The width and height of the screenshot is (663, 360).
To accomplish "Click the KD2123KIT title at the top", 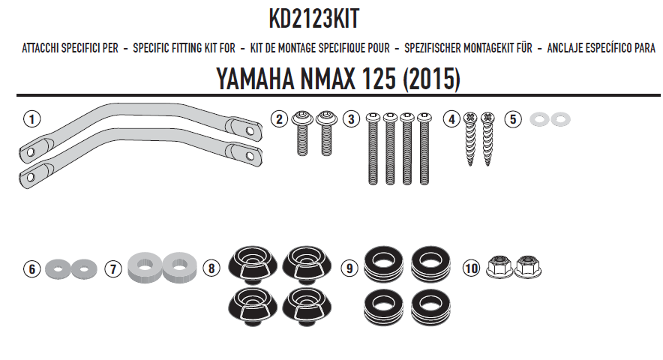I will click(x=318, y=19).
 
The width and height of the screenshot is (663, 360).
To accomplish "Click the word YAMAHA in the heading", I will click(x=253, y=79).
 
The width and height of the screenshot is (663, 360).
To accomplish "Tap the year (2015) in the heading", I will click(x=430, y=79).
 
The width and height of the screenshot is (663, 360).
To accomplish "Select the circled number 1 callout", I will click(x=31, y=118).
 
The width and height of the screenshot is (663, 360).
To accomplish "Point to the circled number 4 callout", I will click(x=451, y=118).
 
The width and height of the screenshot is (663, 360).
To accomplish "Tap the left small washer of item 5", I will click(x=538, y=118).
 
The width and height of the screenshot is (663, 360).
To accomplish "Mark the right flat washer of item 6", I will click(x=85, y=266).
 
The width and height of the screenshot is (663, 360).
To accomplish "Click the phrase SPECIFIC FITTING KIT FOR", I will click(x=184, y=49).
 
